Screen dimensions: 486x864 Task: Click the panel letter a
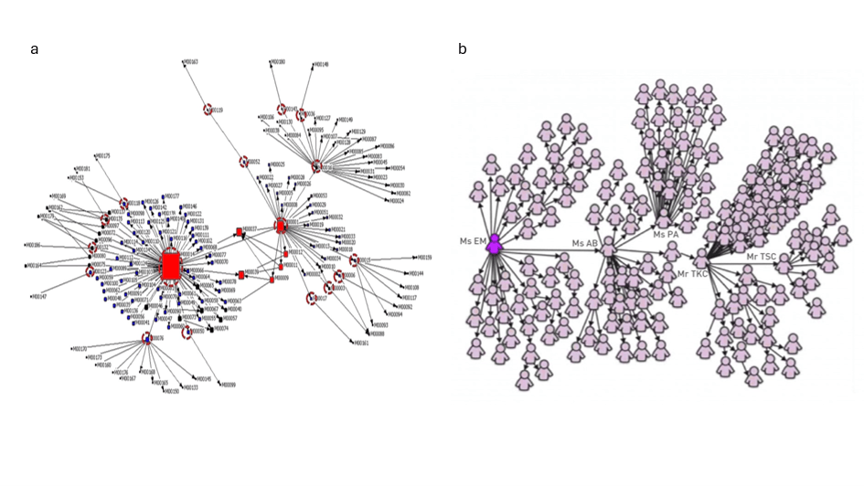click(x=34, y=49)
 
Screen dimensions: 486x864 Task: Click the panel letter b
click(x=463, y=49)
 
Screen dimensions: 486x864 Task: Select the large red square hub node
click(x=170, y=266)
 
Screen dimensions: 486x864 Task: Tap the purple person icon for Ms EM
click(x=495, y=244)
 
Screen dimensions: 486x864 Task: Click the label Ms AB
click(x=585, y=243)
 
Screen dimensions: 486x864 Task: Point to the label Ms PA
click(x=666, y=235)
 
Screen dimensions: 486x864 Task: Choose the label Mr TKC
click(x=693, y=273)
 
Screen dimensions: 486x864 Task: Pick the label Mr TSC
click(x=761, y=257)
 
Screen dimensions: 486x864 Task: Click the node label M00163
click(x=191, y=61)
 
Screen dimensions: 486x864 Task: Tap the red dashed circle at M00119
click(x=208, y=110)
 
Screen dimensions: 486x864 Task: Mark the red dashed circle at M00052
click(x=244, y=162)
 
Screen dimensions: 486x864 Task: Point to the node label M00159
click(x=423, y=258)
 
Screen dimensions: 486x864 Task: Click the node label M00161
click(x=360, y=343)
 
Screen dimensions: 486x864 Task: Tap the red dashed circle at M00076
click(x=146, y=338)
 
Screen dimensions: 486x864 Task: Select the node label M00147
click(x=38, y=297)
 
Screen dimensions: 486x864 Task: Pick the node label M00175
click(x=102, y=156)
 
